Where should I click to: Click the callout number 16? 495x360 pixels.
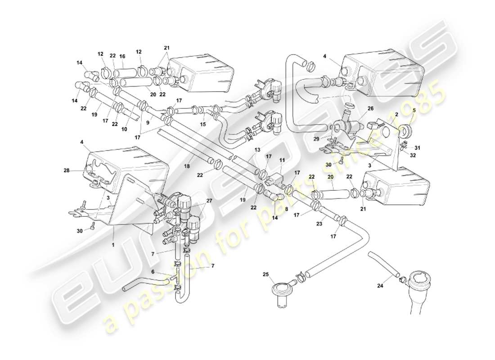click(122, 56)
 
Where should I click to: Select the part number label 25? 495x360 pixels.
click(265, 274)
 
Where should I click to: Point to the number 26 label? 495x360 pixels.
click(370, 108)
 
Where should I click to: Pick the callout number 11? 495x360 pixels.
click(282, 160)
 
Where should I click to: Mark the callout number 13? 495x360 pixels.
click(257, 149)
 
